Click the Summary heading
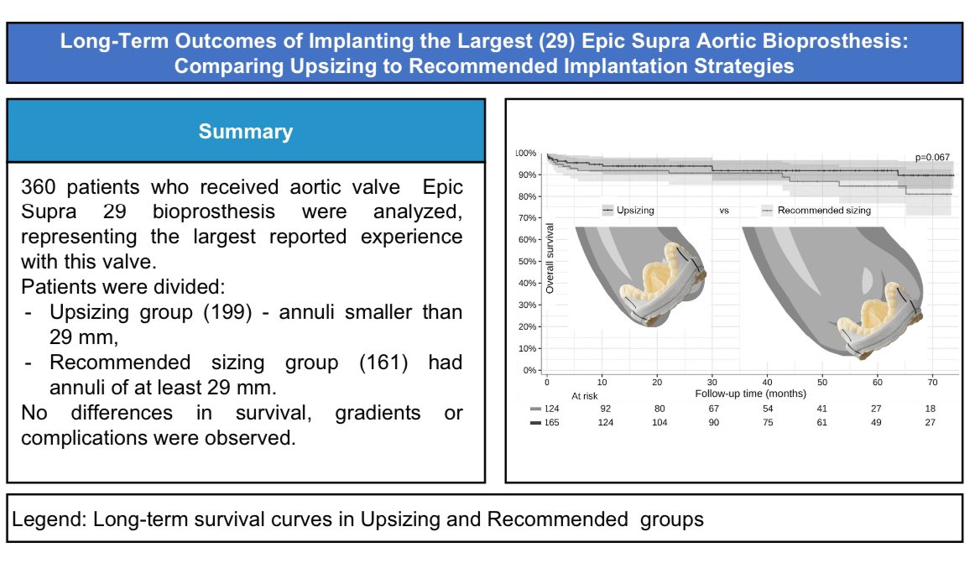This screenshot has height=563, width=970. click(246, 131)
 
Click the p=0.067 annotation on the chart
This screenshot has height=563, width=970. click(932, 157)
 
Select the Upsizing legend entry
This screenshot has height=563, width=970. click(628, 211)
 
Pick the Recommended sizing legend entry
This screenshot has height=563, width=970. click(816, 211)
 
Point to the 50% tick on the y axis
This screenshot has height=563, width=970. click(527, 262)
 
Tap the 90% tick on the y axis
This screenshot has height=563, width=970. click(527, 175)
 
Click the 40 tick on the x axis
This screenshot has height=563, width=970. click(767, 383)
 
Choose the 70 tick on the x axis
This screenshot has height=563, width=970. click(932, 383)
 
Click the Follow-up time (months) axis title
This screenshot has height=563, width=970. click(750, 394)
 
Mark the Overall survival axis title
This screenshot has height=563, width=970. click(550, 258)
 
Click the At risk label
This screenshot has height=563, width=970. click(585, 396)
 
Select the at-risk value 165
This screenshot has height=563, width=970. click(551, 423)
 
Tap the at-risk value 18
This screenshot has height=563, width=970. click(931, 409)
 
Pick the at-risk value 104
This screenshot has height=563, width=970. click(660, 423)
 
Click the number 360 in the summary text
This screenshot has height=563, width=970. click(38, 187)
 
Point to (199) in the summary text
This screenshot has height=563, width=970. click(228, 312)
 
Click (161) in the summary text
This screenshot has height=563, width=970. click(383, 362)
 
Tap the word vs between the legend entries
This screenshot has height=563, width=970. click(724, 211)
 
